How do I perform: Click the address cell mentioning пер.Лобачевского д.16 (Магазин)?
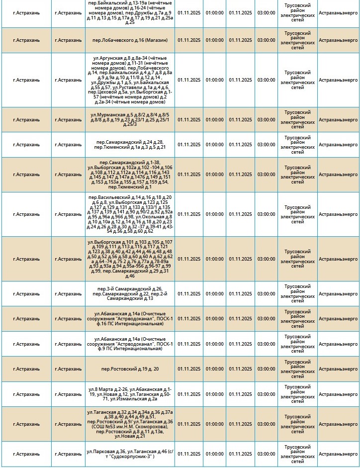coord(129,40)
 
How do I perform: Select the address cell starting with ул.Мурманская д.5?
coord(129,119)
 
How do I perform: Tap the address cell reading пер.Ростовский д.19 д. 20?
coord(129,369)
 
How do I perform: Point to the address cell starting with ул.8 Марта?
coord(129,394)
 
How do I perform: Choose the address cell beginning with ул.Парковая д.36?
coord(129,454)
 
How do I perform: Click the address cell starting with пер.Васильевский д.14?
coord(129,214)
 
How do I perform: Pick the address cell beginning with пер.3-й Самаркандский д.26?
coord(129,293)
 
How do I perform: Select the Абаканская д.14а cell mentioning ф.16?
coord(129,319)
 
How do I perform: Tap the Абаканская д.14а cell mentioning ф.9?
coord(129,344)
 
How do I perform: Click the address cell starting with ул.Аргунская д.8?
coord(129,80)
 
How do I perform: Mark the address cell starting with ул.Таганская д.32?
coord(129,424)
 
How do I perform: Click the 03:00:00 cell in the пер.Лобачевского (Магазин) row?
coord(266,40)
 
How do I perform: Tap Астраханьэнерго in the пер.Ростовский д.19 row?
coord(338,369)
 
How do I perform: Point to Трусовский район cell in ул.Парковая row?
coord(297,454)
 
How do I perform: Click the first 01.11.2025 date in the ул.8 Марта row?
coord(189,394)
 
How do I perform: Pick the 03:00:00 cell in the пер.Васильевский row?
coord(266,214)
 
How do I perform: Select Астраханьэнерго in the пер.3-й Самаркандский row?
coord(338,293)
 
